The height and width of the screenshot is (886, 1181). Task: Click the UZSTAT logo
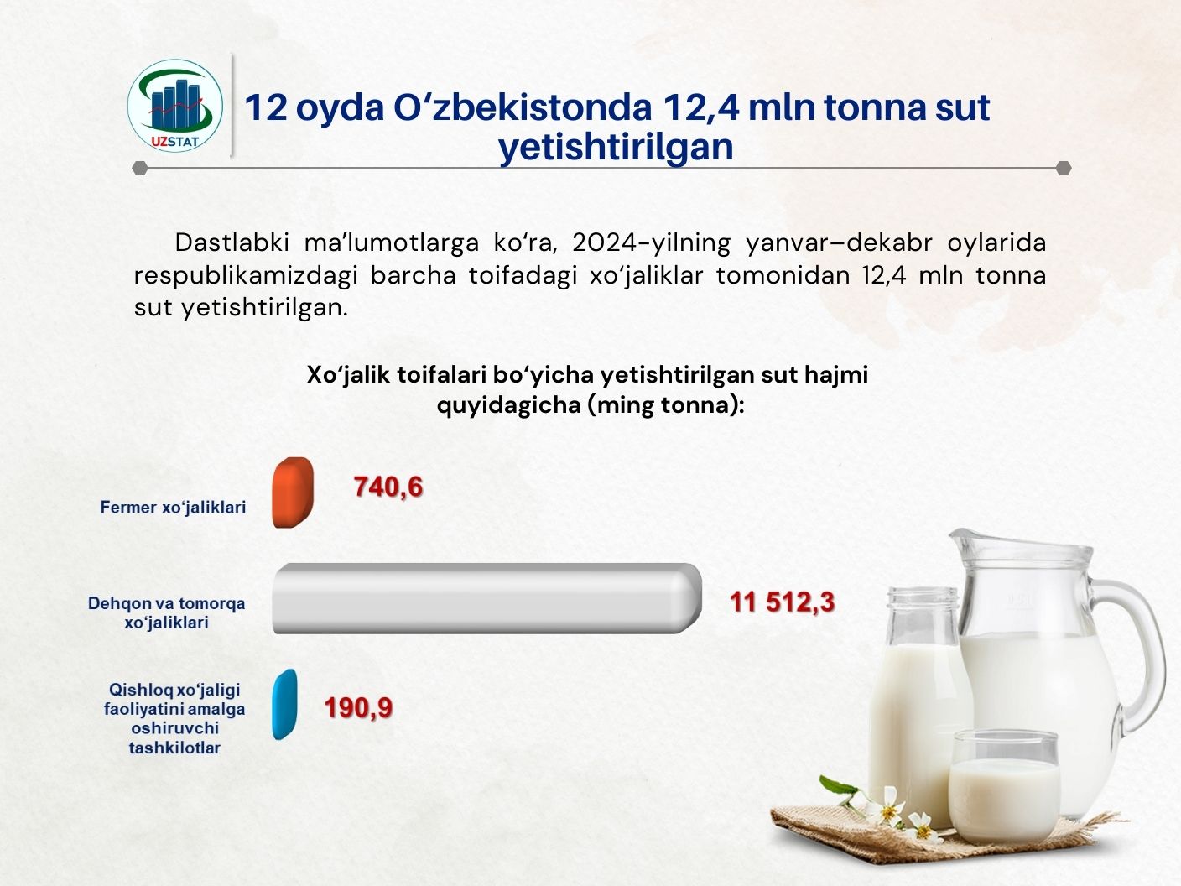coord(174,106)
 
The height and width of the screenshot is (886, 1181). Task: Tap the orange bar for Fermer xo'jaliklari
coord(293,493)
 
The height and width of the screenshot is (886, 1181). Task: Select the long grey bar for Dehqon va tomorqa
coord(487,598)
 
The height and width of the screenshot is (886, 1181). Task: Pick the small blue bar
coord(285,704)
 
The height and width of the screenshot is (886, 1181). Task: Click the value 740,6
coord(388,487)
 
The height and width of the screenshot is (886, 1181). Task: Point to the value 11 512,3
coord(782,602)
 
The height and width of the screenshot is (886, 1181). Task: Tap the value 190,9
coord(358,707)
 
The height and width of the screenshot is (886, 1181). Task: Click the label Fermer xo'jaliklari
coord(173,508)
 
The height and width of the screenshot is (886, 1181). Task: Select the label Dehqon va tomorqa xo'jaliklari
coord(166,612)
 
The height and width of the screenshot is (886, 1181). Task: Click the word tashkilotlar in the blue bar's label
coord(174,748)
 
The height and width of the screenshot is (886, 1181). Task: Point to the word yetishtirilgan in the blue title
coord(616,147)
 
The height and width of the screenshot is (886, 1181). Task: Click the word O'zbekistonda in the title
coord(523,107)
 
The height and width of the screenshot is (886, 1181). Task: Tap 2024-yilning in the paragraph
coord(651,242)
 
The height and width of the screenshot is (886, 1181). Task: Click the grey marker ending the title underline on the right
coord(1064,169)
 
